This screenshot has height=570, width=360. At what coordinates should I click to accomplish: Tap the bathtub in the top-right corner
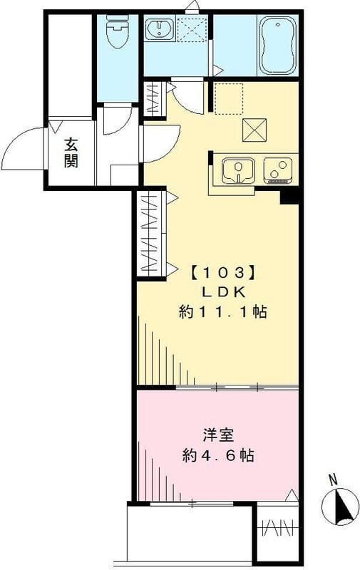(x=277, y=46)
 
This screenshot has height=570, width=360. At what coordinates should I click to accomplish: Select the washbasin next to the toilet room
(x=160, y=28)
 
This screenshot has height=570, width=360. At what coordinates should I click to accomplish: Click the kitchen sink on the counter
(x=238, y=170)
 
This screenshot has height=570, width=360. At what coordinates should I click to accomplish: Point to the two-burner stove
(x=279, y=170)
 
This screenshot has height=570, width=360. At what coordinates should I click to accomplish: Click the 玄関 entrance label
(x=71, y=153)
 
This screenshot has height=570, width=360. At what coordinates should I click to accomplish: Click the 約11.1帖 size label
(x=223, y=312)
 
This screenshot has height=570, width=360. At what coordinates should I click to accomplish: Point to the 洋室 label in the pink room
(x=218, y=435)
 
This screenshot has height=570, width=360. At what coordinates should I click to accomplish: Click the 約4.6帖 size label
(x=218, y=455)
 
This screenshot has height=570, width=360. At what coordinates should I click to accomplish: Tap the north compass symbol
(x=340, y=507)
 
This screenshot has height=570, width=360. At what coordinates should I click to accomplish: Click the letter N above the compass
(x=333, y=480)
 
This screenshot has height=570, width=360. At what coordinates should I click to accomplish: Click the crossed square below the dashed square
(x=254, y=130)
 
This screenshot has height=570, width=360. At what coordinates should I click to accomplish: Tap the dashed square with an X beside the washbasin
(x=192, y=28)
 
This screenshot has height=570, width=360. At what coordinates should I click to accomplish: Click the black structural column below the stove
(x=289, y=197)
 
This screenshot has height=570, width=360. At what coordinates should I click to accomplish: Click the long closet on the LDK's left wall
(x=152, y=234)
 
